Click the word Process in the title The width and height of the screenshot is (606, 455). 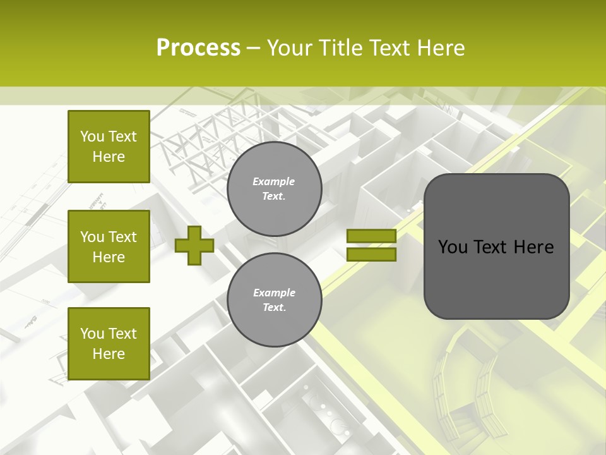pyautogui.click(x=198, y=48)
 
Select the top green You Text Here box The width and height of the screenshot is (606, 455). pyautogui.click(x=109, y=147)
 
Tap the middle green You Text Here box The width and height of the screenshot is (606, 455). pyautogui.click(x=109, y=246)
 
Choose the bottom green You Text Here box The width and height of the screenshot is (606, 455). pyautogui.click(x=109, y=344)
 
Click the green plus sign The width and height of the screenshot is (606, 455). pyautogui.click(x=194, y=246)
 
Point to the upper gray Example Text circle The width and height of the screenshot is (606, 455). pyautogui.click(x=274, y=189)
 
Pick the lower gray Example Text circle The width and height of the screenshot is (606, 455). pyautogui.click(x=274, y=300)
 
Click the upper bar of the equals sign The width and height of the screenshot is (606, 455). pyautogui.click(x=371, y=236)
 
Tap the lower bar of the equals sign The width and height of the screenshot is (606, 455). pyautogui.click(x=371, y=255)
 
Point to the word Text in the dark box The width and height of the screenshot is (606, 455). pyautogui.click(x=495, y=247)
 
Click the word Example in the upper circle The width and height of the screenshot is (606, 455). pyautogui.click(x=274, y=181)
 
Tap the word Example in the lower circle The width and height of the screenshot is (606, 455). pyautogui.click(x=274, y=293)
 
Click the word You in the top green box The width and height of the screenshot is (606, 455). pyautogui.click(x=92, y=136)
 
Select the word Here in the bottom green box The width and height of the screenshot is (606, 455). pyautogui.click(x=109, y=354)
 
